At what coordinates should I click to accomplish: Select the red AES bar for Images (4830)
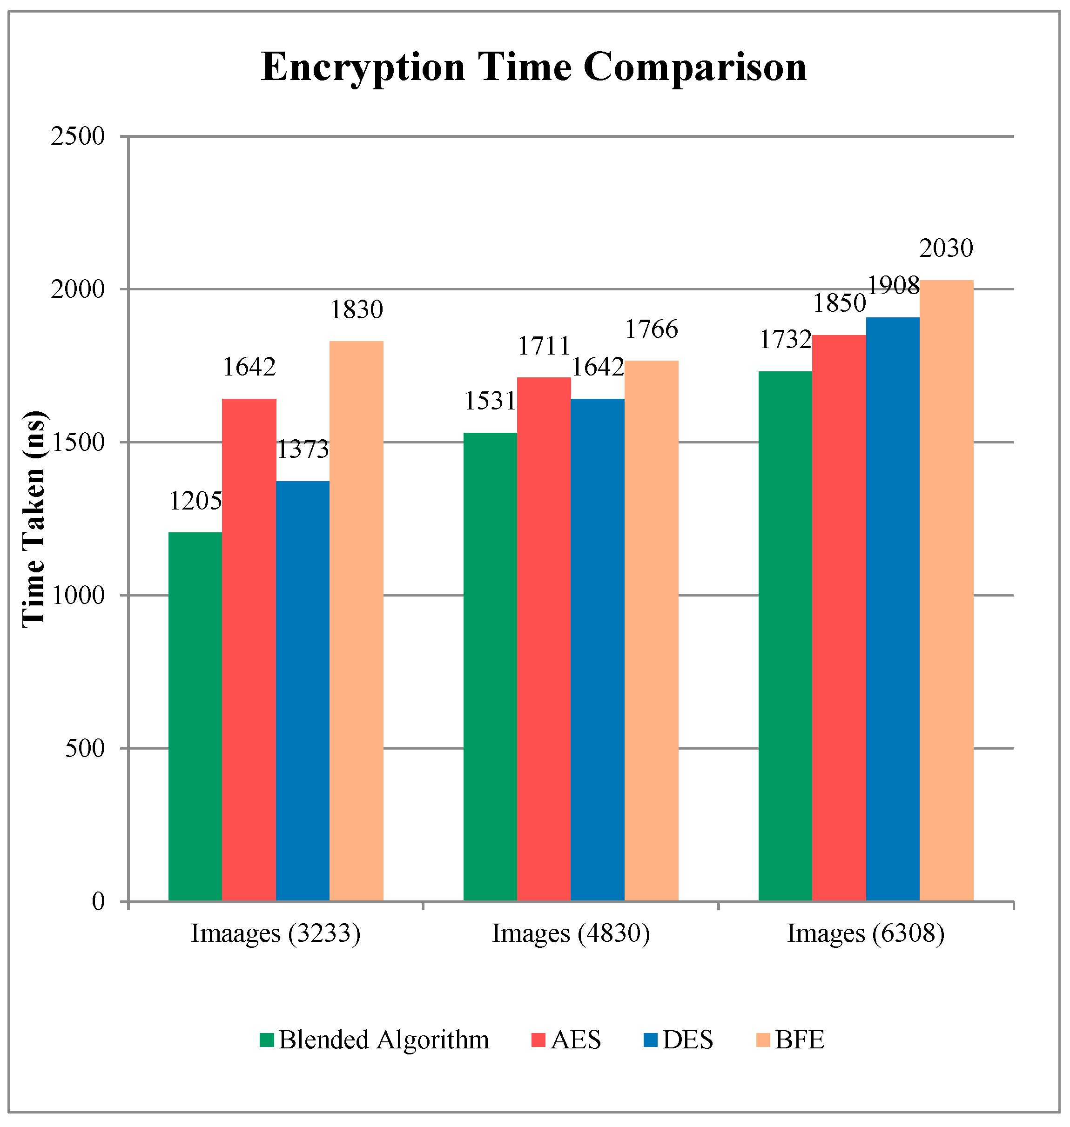pyautogui.click(x=544, y=639)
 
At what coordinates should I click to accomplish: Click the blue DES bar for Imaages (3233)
pyautogui.click(x=303, y=691)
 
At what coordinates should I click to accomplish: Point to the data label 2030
pyautogui.click(x=946, y=248)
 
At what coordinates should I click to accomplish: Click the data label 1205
pyautogui.click(x=195, y=501)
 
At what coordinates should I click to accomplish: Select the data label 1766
pyautogui.click(x=651, y=329)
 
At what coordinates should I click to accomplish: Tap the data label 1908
pyautogui.click(x=893, y=286)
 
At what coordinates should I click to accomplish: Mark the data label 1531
pyautogui.click(x=490, y=402)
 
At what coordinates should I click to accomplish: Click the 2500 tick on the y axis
pyautogui.click(x=78, y=137)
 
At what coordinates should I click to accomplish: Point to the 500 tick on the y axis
pyautogui.click(x=85, y=748)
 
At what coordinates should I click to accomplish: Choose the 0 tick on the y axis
pyautogui.click(x=99, y=902)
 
